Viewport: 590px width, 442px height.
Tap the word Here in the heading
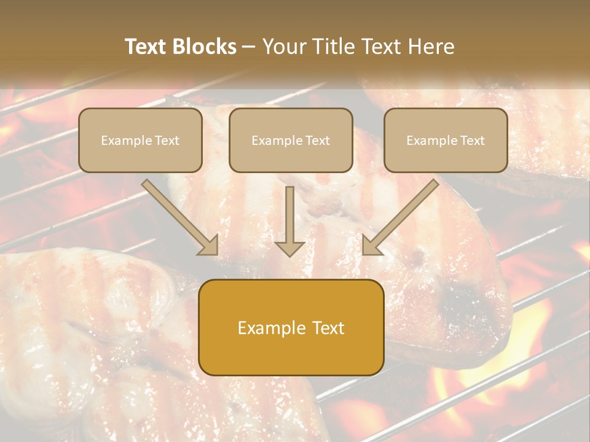tap(431, 47)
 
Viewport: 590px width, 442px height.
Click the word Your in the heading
tap(283, 47)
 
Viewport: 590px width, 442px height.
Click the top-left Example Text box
tap(140, 141)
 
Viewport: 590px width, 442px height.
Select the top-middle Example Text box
tap(291, 141)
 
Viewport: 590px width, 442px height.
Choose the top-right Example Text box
tap(446, 141)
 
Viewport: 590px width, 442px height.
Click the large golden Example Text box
tap(291, 328)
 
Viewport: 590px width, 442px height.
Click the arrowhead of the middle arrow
tap(289, 248)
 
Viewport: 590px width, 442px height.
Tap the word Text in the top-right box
tap(473, 141)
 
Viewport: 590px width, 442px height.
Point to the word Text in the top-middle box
tap(318, 141)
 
